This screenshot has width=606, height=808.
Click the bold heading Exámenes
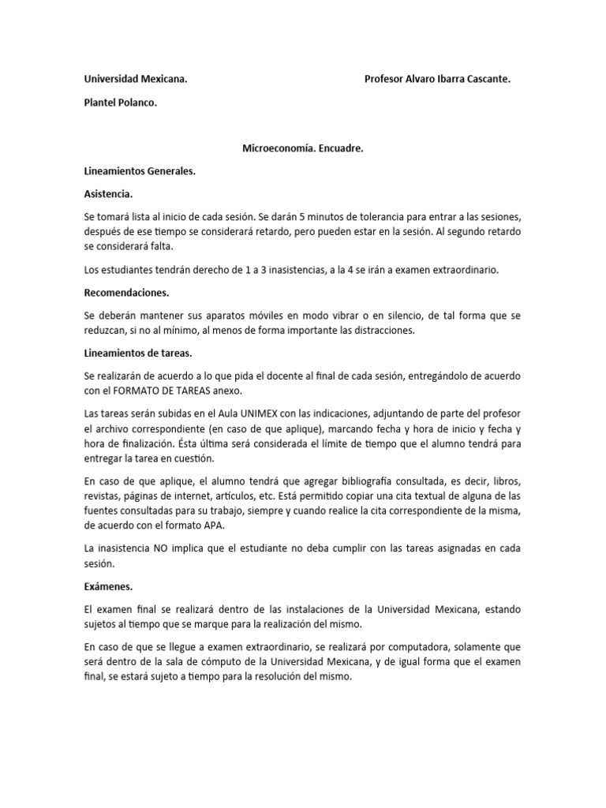click(108, 588)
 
